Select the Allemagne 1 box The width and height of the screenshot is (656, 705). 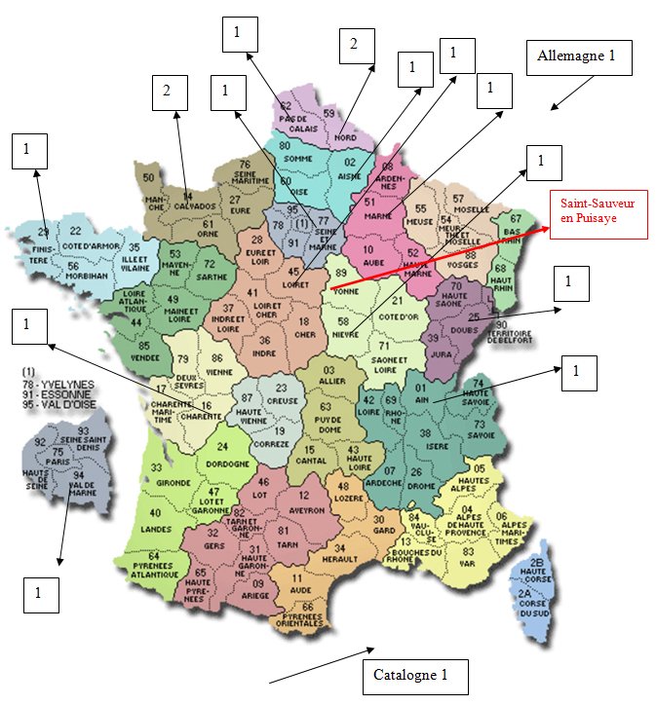(x=577, y=56)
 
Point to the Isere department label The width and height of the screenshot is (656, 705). (x=426, y=446)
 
